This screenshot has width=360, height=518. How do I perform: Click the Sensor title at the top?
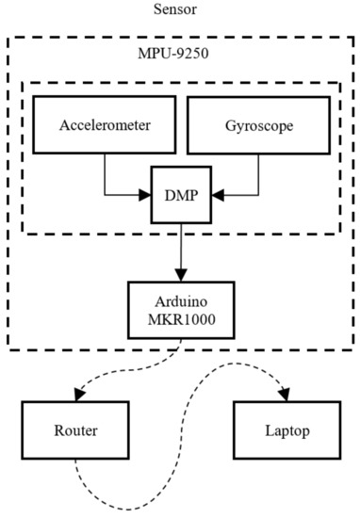pos(175,8)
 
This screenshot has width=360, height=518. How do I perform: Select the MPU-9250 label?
pos(173,53)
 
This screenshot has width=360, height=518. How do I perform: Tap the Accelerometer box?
pos(105,125)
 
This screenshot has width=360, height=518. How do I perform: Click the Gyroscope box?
pos(259,125)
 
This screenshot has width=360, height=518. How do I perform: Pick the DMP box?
pos(181,195)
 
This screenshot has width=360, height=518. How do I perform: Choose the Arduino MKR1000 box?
pos(181,310)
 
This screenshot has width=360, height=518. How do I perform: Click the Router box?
pos(75,430)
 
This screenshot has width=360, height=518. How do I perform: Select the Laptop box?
pos(287,430)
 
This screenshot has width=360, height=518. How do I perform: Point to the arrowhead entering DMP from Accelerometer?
pos(145,195)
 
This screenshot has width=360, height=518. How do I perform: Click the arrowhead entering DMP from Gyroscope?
pos(219,195)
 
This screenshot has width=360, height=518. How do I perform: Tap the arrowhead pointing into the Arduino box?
pos(181,275)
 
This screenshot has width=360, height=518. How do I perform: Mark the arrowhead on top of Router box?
pos(79,395)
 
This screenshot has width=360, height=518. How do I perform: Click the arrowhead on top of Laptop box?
pos(285,395)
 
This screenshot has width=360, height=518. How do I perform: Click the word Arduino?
pos(181,301)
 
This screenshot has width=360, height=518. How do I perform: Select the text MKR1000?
pos(182,319)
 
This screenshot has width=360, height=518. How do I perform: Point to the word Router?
pos(75,430)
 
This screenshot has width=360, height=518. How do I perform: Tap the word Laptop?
pos(287,431)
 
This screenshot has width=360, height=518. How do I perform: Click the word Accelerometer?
pos(105,125)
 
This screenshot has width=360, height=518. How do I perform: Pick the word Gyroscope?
pos(259,126)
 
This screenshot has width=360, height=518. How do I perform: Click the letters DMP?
pos(182,195)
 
